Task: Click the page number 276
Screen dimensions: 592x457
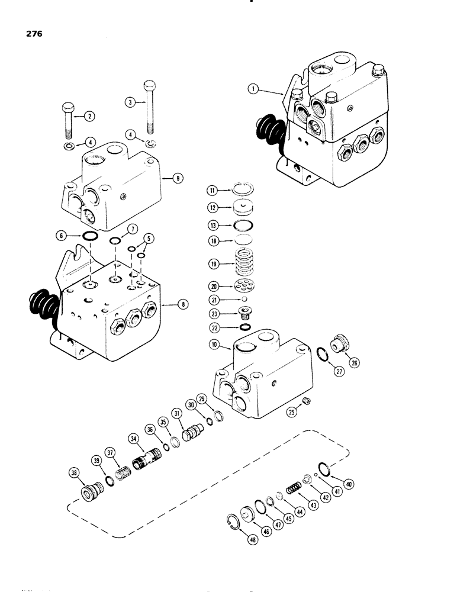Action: click(33, 34)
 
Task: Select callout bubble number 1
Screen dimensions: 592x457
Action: click(253, 89)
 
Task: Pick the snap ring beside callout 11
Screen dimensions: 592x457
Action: click(244, 189)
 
